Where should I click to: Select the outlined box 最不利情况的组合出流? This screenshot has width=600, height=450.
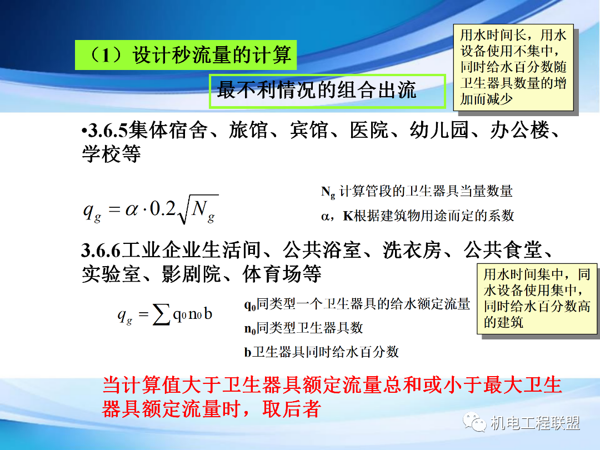(327, 91)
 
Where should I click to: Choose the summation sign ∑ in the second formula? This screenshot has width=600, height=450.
(162, 316)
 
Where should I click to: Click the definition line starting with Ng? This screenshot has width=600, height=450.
(417, 192)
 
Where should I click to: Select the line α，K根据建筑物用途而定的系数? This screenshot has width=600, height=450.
(417, 216)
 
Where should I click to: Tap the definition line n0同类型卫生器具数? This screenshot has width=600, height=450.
(303, 328)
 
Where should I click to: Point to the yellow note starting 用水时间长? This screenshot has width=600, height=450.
(513, 67)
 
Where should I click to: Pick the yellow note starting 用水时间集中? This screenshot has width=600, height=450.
(537, 298)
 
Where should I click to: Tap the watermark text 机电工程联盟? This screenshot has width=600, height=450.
(534, 423)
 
